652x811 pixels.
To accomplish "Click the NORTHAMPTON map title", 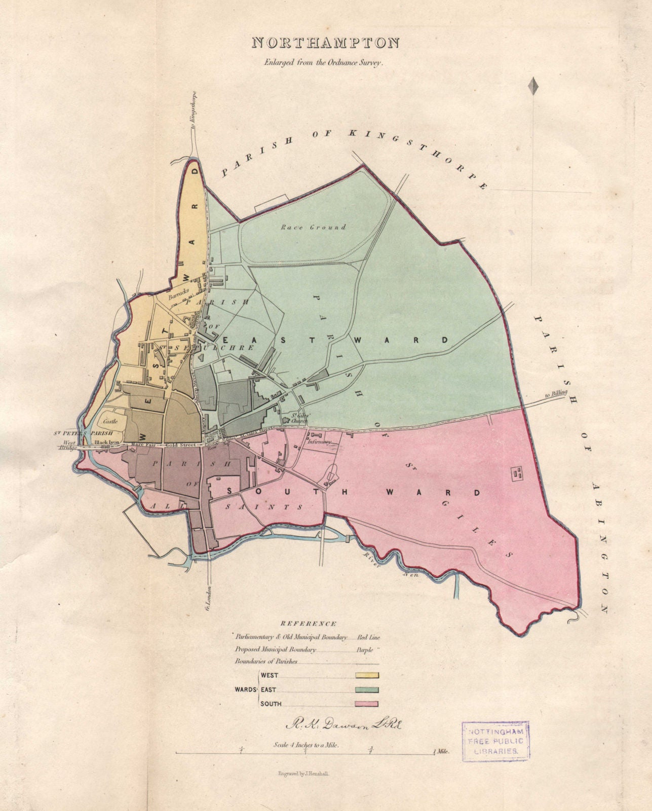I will (325, 43).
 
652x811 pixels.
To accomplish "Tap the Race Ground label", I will (314, 228).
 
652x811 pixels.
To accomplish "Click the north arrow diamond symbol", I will (532, 86).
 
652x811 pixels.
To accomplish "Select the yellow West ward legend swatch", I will (367, 675).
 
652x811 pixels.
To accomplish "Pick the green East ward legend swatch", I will (367, 689).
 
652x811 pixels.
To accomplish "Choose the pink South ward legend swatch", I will (367, 704).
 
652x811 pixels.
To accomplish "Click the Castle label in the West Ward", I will (110, 421).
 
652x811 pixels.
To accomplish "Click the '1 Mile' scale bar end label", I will (441, 753).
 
